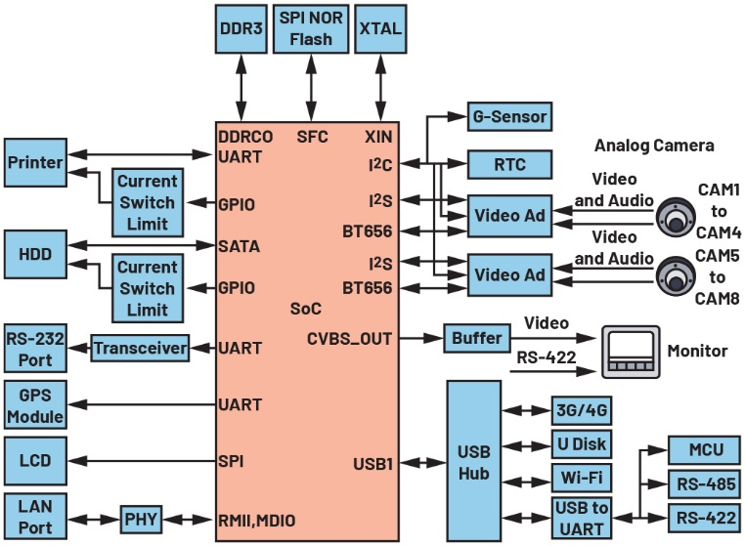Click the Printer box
coord(35,162)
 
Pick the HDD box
coord(35,253)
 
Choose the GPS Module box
coord(35,404)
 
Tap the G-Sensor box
coord(508,117)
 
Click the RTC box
coord(508,164)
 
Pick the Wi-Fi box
coord(581,480)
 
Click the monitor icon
coord(631,350)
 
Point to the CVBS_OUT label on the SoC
coord(349,339)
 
